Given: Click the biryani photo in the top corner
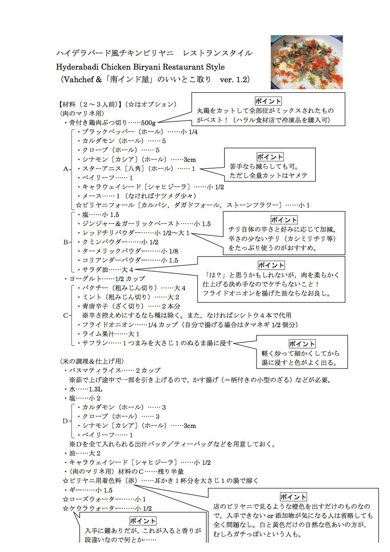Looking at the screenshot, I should pyautogui.click(x=306, y=62).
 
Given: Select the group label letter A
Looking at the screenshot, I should pyautogui.click(x=66, y=169).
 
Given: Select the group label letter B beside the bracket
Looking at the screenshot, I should pyautogui.click(x=66, y=242).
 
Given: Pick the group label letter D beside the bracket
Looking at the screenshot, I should pyautogui.click(x=66, y=421).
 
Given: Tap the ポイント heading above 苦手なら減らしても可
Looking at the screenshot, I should pyautogui.click(x=270, y=157).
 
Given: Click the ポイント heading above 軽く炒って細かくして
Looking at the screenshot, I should pyautogui.click(x=302, y=344).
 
